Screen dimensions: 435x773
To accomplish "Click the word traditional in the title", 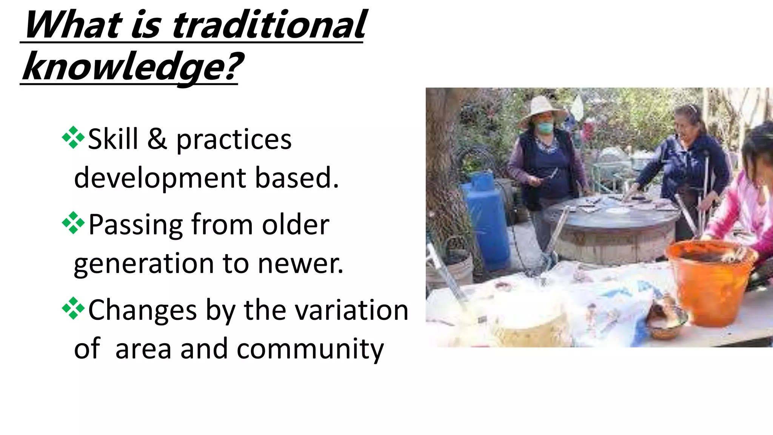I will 269,25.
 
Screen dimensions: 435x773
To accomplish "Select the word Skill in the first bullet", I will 113,139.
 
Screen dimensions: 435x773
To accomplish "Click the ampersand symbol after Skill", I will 157,139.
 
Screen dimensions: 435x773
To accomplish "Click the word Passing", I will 136,225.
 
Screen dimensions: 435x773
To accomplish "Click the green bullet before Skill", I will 73,138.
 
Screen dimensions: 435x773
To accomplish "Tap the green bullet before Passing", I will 73,223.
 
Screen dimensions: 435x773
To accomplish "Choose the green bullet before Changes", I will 73,309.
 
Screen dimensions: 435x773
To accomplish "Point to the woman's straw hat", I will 542,109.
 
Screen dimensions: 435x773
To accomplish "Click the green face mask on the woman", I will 545,127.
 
